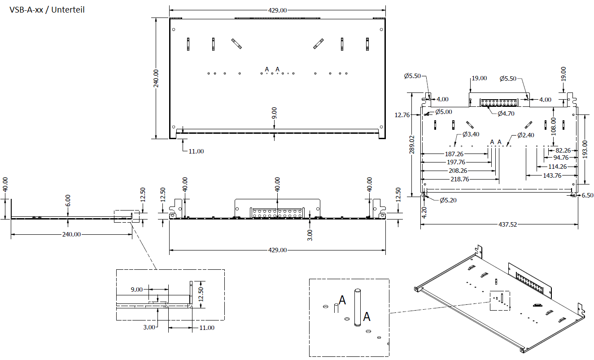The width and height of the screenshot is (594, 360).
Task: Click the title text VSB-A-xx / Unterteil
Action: [x=47, y=9]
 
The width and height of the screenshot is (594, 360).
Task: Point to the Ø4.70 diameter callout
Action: [x=506, y=114]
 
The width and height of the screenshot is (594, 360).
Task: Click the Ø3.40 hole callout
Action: [x=471, y=135]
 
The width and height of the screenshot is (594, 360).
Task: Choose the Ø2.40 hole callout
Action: [x=525, y=135]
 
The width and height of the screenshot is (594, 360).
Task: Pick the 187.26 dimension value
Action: [x=454, y=154]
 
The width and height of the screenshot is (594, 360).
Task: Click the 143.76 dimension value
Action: [x=552, y=176]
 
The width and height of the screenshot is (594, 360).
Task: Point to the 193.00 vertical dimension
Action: [x=584, y=149]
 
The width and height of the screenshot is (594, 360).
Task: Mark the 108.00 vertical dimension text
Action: [x=554, y=127]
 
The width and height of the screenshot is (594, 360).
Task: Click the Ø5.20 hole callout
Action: [x=448, y=200]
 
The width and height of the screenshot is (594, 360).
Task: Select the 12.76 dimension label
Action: [x=402, y=115]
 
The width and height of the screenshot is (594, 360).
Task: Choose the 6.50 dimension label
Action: [x=587, y=195]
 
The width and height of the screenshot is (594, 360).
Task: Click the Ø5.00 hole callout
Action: [x=443, y=111]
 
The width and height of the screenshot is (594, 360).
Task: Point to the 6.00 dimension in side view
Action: [x=68, y=200]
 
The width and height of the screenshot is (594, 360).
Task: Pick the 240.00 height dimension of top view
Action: [x=156, y=79]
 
